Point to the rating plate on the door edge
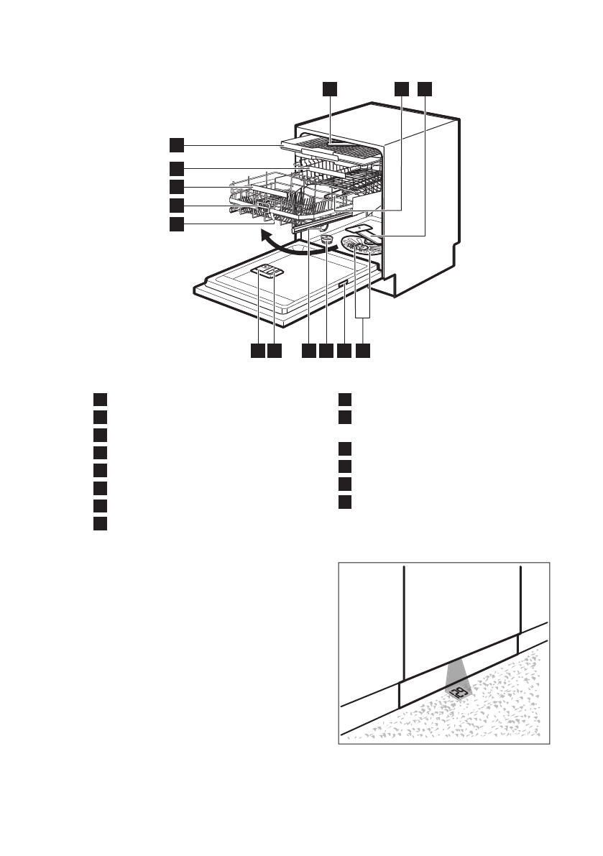(344, 285)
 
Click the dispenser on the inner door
(267, 271)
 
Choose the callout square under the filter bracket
(364, 351)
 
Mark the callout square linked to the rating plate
(344, 351)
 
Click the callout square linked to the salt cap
(326, 351)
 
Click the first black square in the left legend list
(100, 399)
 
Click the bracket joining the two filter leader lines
(364, 318)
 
